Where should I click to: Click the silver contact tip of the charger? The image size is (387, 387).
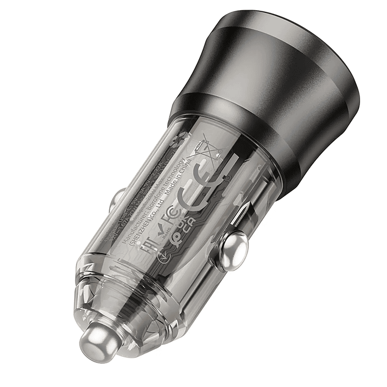(x=98, y=340)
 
